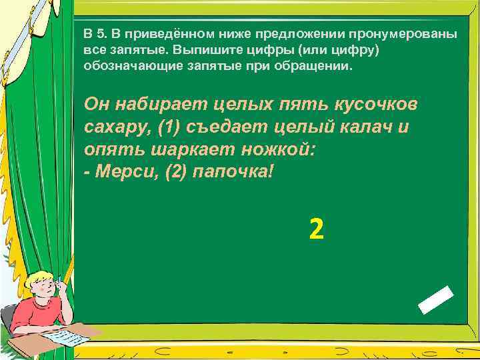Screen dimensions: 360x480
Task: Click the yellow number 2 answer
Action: click(317, 230)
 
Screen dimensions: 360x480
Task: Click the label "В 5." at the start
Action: click(97, 34)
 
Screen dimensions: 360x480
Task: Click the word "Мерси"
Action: click(118, 171)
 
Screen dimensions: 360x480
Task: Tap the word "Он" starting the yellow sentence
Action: click(97, 105)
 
